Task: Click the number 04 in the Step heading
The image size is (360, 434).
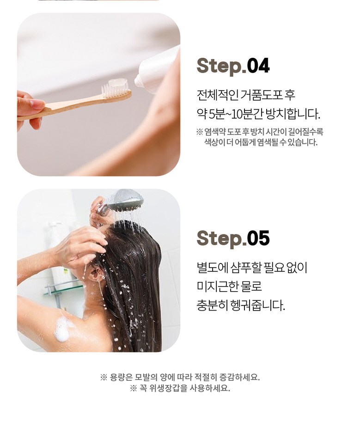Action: (x=258, y=66)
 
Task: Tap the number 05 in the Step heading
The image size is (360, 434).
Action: (x=258, y=238)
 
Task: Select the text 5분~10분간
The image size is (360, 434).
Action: (x=236, y=114)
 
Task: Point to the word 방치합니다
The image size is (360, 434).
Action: (x=293, y=114)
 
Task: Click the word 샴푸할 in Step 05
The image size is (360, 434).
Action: (x=246, y=267)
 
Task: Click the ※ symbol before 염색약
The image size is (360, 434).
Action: (x=200, y=132)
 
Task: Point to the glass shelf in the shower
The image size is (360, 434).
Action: (x=64, y=288)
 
